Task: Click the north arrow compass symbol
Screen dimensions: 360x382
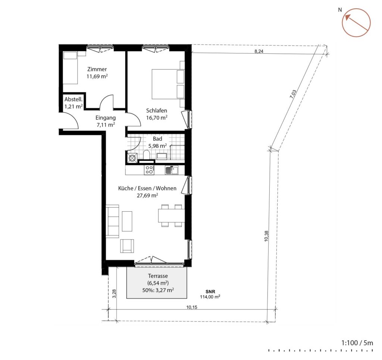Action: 356,22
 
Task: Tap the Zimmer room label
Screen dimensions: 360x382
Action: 97,69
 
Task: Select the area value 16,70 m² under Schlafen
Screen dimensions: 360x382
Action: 157,117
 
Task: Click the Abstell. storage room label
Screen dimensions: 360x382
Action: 73,100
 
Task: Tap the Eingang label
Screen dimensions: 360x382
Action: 105,118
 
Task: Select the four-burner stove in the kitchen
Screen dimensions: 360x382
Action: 149,170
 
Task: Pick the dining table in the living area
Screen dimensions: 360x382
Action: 171,215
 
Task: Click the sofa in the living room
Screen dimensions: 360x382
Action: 113,221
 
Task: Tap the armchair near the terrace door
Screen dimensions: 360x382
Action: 127,245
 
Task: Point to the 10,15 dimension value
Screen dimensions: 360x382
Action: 192,307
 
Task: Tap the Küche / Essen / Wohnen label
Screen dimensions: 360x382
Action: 147,189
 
